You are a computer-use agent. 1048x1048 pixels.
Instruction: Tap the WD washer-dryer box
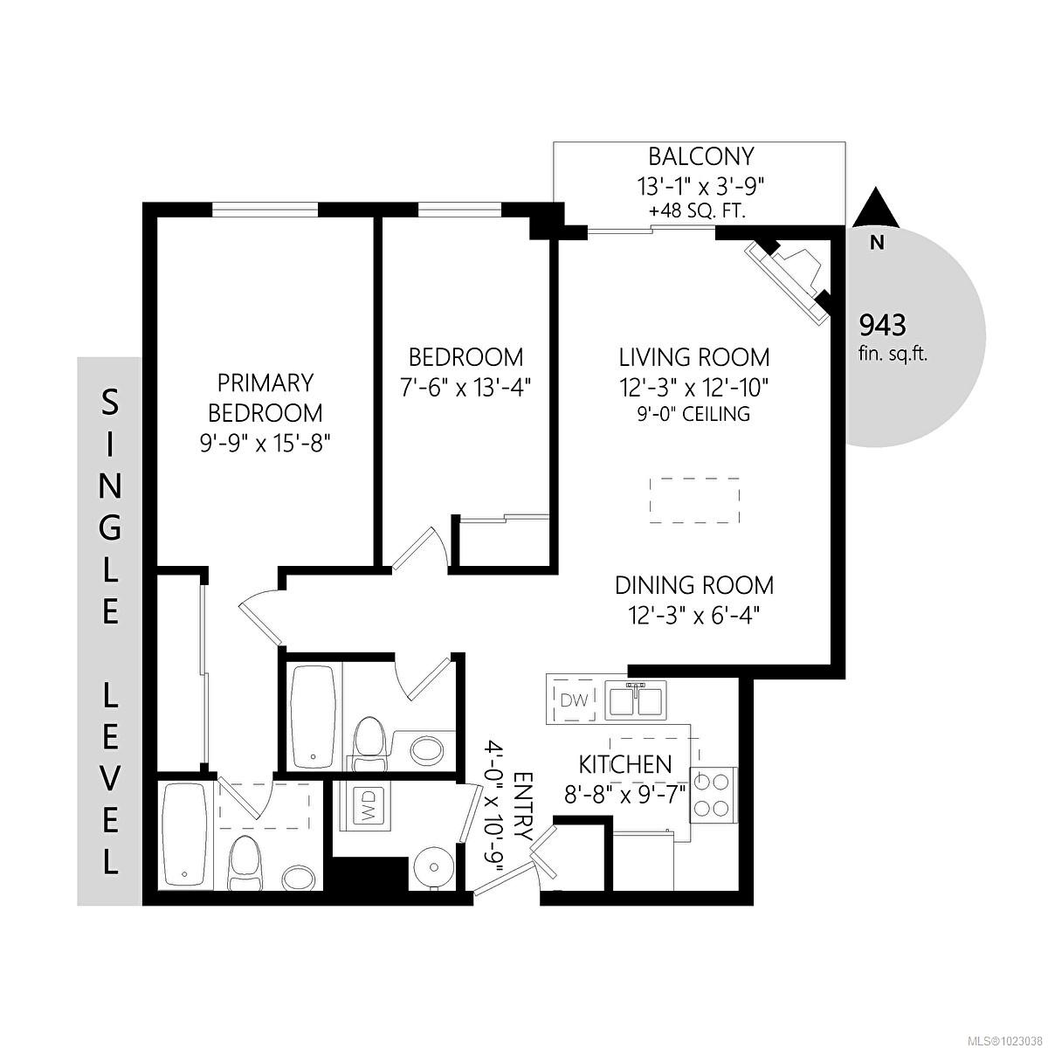point(367,806)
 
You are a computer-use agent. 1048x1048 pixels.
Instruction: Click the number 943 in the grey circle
point(883,326)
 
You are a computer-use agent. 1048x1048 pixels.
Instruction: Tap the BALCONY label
point(700,156)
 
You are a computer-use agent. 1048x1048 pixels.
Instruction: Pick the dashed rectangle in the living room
point(695,500)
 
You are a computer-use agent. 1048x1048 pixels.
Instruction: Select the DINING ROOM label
point(694,584)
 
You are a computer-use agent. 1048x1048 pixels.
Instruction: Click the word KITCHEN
point(625,764)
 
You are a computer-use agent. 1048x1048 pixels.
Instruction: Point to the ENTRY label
point(523,806)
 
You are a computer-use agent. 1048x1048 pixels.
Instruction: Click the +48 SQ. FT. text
point(696,211)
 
